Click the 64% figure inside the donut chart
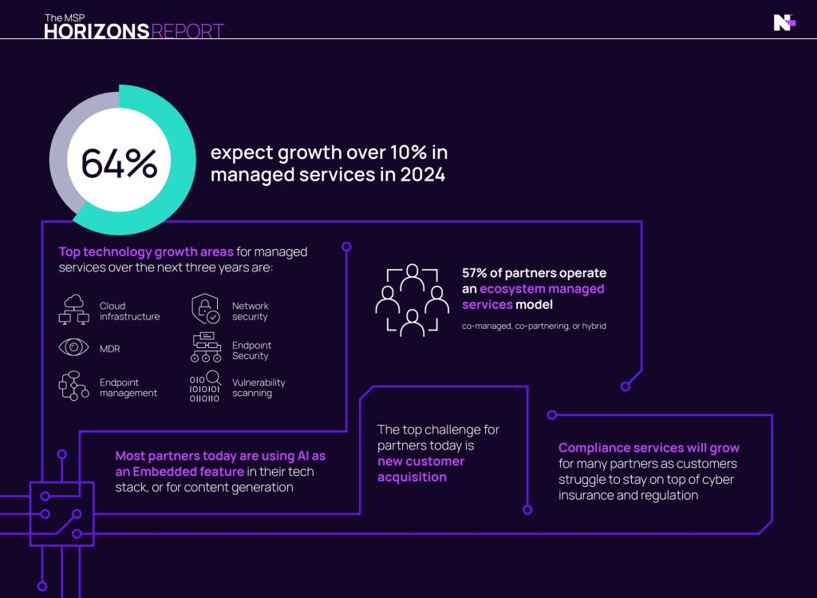[x=119, y=164]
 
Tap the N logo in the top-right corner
[x=784, y=23]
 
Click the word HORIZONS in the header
[x=96, y=32]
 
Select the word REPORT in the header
[x=187, y=32]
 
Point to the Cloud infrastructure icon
[x=74, y=311]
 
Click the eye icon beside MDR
[x=74, y=349]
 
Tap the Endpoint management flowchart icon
[x=74, y=386]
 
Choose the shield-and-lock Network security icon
[x=206, y=310]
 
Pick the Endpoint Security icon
[x=206, y=349]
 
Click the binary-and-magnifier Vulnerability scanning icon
[x=205, y=386]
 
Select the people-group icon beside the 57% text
[x=412, y=299]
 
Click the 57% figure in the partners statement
[x=477, y=273]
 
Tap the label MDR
[x=110, y=350]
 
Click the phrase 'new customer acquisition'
[x=420, y=469]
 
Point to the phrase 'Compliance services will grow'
[x=649, y=448]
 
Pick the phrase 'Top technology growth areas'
[x=146, y=251]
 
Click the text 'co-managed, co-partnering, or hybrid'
[x=534, y=326]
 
